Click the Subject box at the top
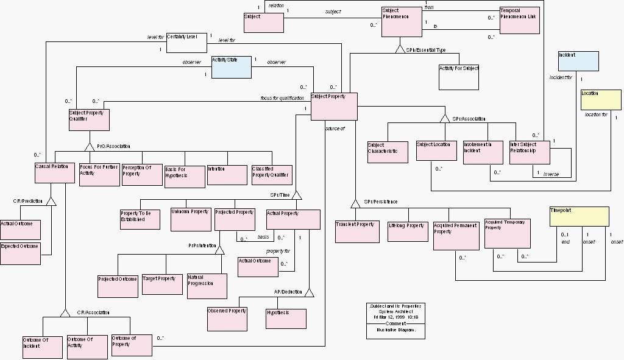pos(263,23)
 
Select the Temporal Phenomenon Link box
pos(519,20)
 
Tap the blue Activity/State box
pos(231,67)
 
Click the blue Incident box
pos(578,61)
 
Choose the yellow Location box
pos(600,100)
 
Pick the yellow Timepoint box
pos(578,217)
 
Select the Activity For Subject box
pos(458,77)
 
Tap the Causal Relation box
pos(54,173)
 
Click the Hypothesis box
pos(286,319)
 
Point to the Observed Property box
pos(227,317)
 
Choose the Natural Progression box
pos(207,286)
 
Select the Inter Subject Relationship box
pos(529,152)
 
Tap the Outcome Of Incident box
pos(42,347)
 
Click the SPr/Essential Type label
pos(425,50)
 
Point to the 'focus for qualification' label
pos(282,98)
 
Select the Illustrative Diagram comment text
pos(395,330)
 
